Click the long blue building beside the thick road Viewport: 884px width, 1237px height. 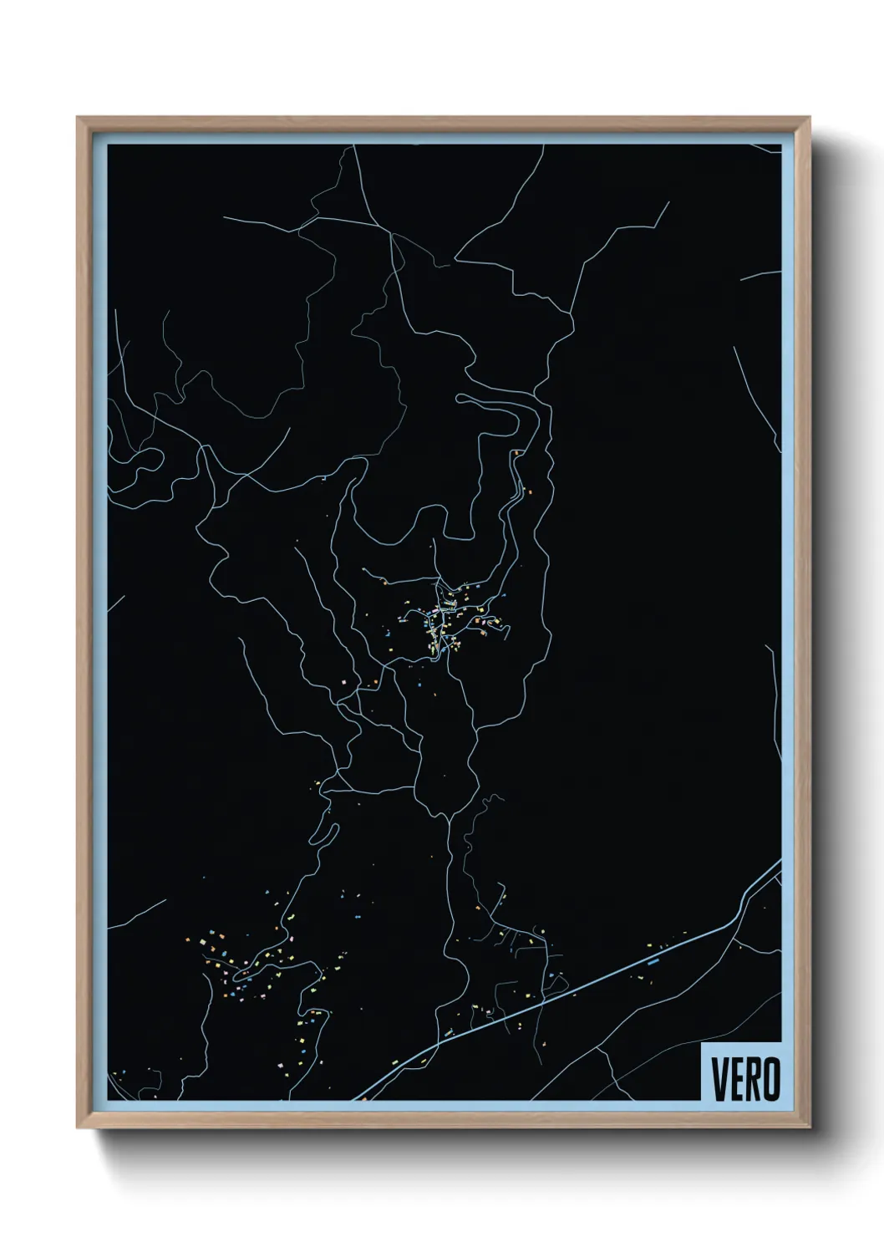[x=653, y=961]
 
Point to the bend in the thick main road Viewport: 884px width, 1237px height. [x=739, y=911]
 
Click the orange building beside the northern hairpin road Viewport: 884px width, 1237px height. [x=518, y=453]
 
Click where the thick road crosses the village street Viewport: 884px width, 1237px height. [x=544, y=997]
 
